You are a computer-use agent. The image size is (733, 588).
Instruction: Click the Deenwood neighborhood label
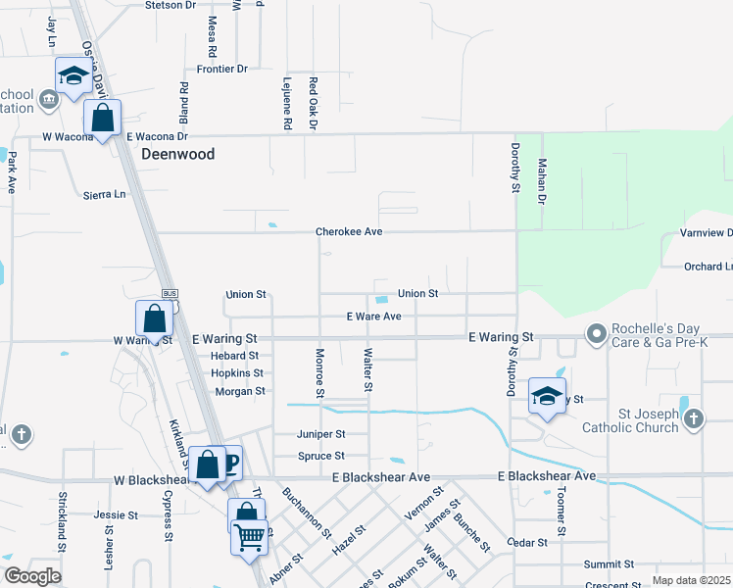click(177, 154)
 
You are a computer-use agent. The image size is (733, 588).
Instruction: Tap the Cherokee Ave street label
click(348, 232)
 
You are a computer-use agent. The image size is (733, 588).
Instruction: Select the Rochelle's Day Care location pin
click(596, 335)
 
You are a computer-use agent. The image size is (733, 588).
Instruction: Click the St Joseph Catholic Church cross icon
click(693, 419)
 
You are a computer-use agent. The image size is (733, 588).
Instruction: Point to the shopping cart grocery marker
click(249, 535)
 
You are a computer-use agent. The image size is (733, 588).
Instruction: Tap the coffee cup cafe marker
click(228, 463)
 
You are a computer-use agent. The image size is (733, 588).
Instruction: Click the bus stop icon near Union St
click(169, 294)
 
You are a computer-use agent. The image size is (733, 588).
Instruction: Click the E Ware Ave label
click(374, 317)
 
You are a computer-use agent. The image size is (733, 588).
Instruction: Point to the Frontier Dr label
click(221, 69)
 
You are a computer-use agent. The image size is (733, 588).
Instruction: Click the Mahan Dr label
click(541, 182)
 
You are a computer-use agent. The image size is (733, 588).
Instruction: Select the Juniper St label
click(321, 434)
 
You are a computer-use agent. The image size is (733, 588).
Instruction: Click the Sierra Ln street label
click(106, 194)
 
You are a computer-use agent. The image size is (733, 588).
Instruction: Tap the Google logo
click(32, 576)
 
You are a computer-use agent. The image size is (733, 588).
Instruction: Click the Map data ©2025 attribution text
click(691, 581)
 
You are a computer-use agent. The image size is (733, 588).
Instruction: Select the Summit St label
click(610, 564)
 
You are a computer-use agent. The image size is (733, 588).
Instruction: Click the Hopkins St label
click(237, 373)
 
